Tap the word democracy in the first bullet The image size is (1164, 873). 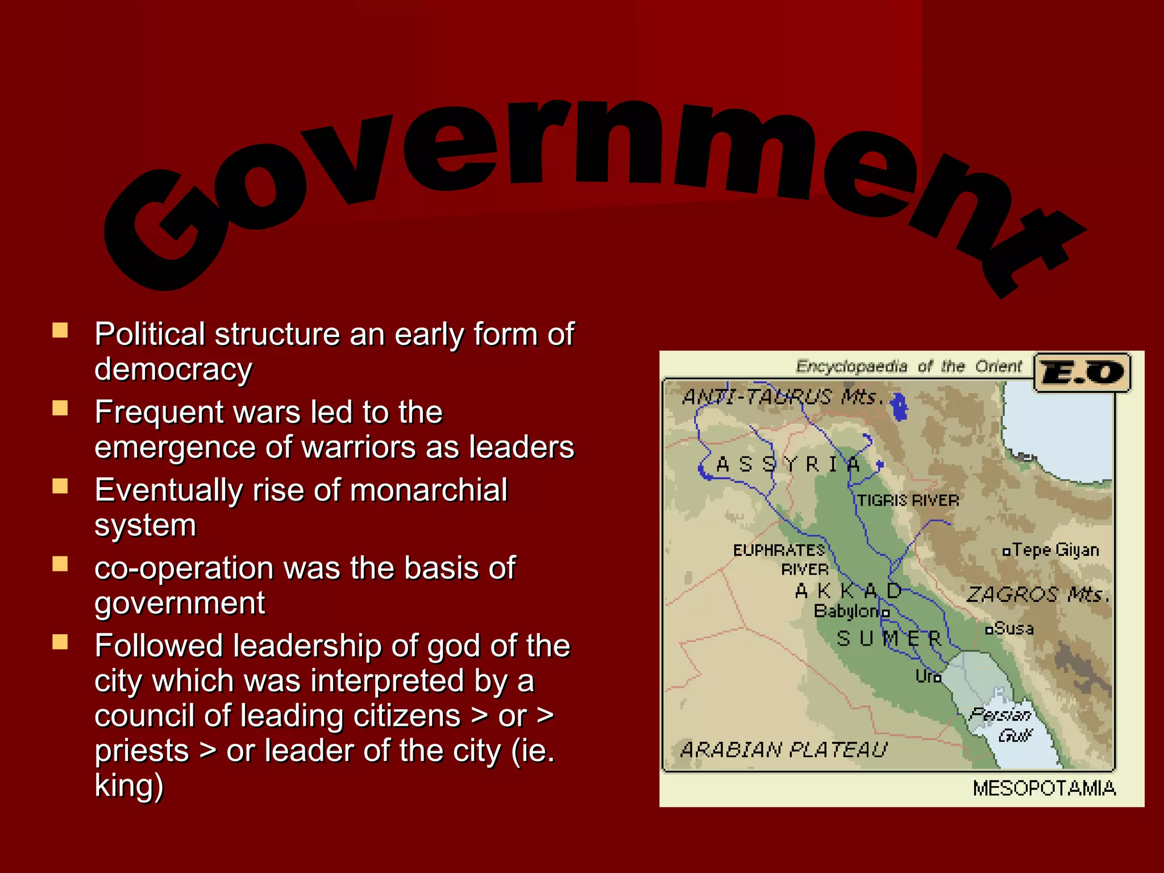(x=173, y=369)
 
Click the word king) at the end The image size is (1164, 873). (x=129, y=785)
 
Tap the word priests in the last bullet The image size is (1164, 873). (x=142, y=751)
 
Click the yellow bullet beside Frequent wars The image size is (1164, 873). (x=60, y=408)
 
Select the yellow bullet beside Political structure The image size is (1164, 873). (x=60, y=330)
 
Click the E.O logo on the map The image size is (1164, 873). (x=1082, y=373)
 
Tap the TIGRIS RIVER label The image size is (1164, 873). (x=908, y=501)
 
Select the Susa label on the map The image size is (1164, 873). (x=1013, y=629)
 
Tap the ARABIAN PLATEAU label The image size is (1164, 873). (x=783, y=750)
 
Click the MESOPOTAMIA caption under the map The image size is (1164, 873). (x=1044, y=789)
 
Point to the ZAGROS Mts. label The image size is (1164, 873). (x=1037, y=595)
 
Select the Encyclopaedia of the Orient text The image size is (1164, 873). (x=908, y=367)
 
